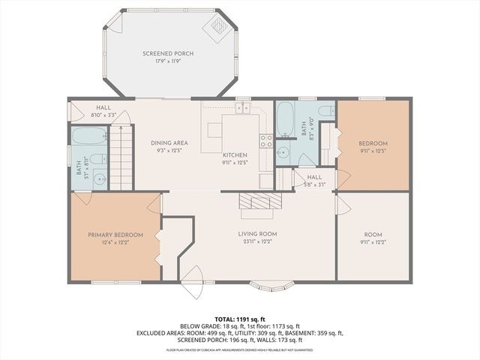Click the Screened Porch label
169,54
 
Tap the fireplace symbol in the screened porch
217,26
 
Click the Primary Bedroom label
115,235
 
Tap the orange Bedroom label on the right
373,142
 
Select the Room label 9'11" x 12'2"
373,241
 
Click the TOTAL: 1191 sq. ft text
239,319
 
